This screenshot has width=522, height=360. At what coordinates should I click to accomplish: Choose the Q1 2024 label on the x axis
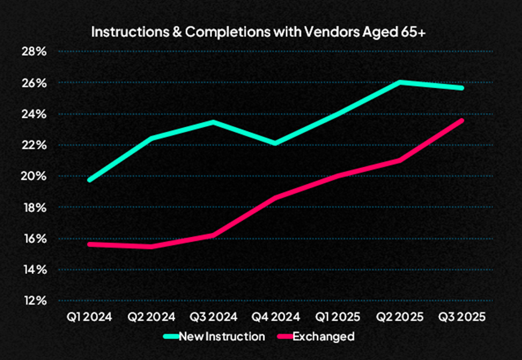(x=89, y=317)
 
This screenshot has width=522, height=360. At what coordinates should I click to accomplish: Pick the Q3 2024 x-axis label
(x=213, y=317)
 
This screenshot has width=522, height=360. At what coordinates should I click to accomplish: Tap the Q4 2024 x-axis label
(x=275, y=317)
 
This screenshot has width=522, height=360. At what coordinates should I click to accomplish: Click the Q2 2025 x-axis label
(x=400, y=317)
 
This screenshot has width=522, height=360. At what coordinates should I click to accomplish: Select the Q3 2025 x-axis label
(x=462, y=317)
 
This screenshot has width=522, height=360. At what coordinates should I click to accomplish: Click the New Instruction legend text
(x=222, y=336)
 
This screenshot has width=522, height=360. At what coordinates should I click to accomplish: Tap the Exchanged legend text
(x=323, y=336)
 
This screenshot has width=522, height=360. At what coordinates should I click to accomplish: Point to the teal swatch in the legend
(x=170, y=336)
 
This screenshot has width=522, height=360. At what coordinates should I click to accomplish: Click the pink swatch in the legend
(x=284, y=336)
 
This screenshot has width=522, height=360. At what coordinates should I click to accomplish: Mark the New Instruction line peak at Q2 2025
(x=400, y=82)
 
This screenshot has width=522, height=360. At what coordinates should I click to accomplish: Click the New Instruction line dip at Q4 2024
(x=275, y=144)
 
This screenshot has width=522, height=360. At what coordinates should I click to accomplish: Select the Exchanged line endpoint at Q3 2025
(x=462, y=120)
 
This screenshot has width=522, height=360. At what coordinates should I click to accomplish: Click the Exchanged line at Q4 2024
(x=275, y=198)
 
